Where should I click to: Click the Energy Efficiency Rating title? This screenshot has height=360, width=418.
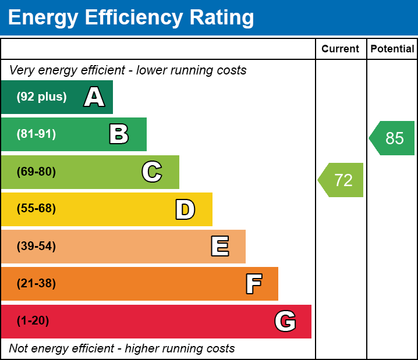point(131,18)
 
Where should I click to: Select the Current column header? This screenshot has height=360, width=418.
point(341,49)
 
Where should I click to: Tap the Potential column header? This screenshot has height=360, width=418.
point(392,49)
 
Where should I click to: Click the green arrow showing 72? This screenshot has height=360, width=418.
point(342,180)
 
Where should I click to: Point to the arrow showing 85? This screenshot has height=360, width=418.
point(393,138)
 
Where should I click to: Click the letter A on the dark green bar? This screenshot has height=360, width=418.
point(94,97)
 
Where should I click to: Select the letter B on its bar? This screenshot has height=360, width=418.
point(119,134)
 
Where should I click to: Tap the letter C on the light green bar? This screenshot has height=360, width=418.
point(152,172)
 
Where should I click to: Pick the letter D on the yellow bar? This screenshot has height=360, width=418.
point(185,209)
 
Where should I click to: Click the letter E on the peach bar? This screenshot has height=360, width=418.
point(219,247)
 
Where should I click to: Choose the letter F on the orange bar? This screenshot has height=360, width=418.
point(253,284)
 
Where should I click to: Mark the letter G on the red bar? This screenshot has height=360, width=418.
point(285,321)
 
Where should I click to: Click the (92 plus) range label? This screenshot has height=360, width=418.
point(41,97)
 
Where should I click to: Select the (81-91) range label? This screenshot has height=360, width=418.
point(36,134)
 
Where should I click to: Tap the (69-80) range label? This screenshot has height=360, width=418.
point(36,172)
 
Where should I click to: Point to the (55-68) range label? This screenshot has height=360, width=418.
point(36,209)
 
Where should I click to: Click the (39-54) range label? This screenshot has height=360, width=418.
point(36,247)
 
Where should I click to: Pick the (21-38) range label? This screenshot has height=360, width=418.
point(36,284)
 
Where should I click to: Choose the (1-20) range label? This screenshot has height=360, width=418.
point(33,321)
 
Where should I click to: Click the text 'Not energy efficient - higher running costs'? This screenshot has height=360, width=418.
point(122,349)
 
